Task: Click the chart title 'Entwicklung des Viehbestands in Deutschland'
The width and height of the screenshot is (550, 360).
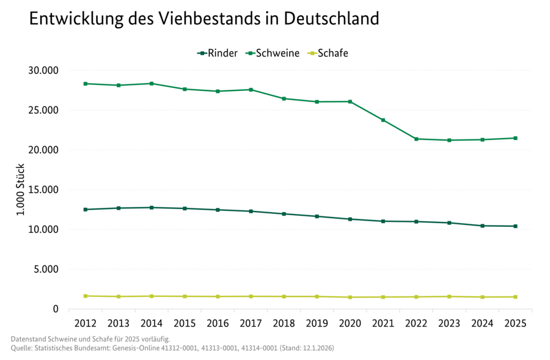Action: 204,19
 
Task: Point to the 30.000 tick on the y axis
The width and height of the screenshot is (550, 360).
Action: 43,70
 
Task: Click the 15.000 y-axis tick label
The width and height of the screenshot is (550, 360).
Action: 43,189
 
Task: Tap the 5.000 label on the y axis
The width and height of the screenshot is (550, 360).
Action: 45,269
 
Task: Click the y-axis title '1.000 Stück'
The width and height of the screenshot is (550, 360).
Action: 21,189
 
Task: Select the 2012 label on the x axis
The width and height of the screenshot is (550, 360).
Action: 85,321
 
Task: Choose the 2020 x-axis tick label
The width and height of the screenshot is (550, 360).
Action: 350,321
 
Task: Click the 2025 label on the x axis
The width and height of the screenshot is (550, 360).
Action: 516,321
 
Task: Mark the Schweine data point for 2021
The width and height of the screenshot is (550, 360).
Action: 383,120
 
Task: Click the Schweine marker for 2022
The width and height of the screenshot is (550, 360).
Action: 416,139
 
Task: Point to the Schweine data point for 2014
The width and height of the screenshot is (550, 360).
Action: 151,83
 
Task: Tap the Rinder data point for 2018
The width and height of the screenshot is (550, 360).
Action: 284,214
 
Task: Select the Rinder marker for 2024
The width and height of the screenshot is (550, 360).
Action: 483,226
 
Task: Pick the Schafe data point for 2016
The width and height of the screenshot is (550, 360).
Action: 218,296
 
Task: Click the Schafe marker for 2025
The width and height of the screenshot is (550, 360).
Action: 516,297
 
